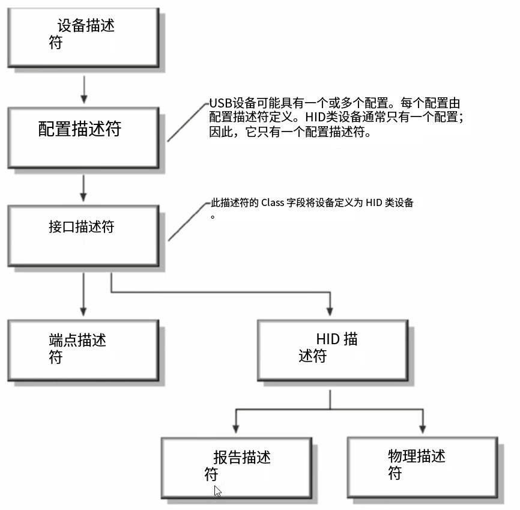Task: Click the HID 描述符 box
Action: (x=332, y=350)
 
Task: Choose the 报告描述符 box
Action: (x=236, y=467)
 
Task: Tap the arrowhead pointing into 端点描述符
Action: (x=84, y=311)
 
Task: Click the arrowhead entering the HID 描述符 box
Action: (x=330, y=311)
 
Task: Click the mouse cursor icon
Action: (x=217, y=491)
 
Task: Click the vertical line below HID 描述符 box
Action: (x=330, y=399)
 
